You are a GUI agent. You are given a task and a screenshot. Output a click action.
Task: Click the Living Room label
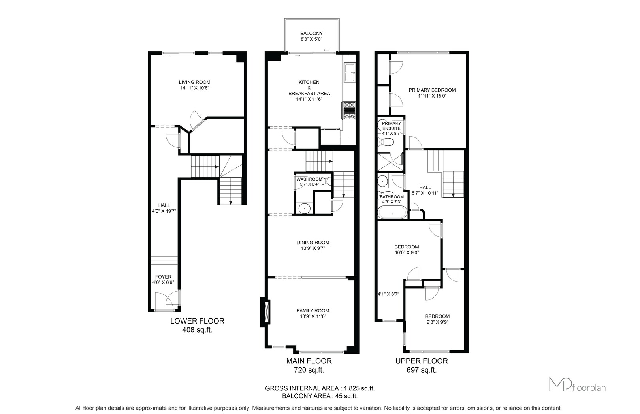point(195,82)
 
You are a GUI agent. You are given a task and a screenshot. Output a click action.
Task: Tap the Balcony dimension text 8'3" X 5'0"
point(311,39)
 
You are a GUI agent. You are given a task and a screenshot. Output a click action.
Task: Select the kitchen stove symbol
point(349,111)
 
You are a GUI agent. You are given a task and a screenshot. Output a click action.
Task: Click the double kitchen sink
point(350,73)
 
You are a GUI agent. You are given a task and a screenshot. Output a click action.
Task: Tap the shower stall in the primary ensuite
point(390,162)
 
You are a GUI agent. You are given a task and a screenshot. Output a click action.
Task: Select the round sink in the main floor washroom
point(305,208)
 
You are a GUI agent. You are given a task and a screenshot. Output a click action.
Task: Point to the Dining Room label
point(313,243)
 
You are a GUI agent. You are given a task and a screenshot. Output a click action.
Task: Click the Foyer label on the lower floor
point(163,277)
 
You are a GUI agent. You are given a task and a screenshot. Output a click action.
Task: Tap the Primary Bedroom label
point(432,90)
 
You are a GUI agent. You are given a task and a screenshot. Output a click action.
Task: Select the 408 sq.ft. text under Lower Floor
point(197,330)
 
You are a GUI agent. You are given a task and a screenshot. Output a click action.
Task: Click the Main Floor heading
point(309,361)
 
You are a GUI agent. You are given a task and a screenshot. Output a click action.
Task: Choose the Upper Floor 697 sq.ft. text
point(422,370)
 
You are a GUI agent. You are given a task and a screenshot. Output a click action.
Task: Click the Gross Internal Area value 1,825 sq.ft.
point(359,388)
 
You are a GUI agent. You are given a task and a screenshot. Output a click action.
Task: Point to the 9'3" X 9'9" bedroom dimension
point(437,322)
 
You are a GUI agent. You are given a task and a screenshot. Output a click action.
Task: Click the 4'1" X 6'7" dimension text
point(388,294)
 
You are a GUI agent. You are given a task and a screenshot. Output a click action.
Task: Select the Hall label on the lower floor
point(164,205)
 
